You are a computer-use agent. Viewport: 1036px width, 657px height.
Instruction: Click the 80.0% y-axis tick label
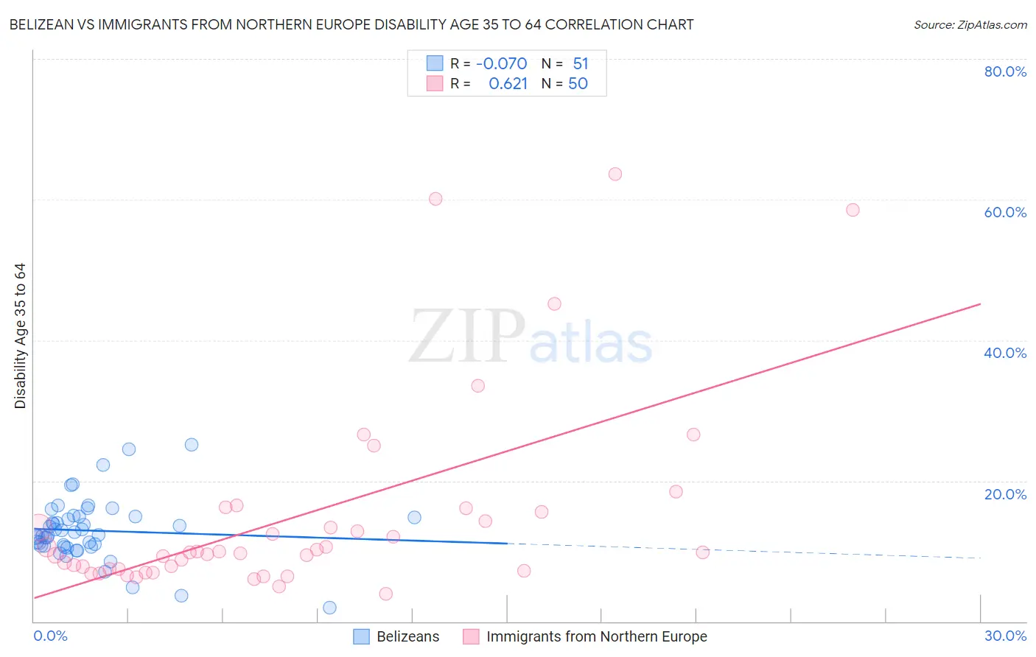click(1005, 71)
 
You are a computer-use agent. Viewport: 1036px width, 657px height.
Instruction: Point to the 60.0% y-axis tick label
click(1005, 212)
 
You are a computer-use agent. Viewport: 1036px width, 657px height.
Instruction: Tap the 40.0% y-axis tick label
click(1005, 353)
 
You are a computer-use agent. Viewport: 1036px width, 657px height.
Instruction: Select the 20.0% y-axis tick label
click(1005, 494)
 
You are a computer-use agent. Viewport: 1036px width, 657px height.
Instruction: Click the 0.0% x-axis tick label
click(50, 636)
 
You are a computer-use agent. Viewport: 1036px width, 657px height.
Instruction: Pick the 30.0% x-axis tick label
click(1005, 636)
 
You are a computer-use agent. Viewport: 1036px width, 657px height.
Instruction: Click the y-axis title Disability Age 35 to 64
click(20, 336)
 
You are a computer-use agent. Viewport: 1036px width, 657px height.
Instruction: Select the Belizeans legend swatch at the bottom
click(361, 636)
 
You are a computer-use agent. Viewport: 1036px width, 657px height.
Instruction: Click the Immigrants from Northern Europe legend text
click(596, 636)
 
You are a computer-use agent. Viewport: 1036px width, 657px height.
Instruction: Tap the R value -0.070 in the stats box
click(501, 64)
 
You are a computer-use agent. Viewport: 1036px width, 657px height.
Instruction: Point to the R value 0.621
click(508, 84)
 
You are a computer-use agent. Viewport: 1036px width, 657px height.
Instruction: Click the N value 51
click(581, 64)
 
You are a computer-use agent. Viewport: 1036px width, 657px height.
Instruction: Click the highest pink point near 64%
click(615, 174)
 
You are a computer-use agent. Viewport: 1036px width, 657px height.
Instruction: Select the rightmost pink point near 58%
click(853, 210)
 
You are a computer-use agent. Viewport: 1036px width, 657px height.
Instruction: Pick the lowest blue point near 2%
click(329, 608)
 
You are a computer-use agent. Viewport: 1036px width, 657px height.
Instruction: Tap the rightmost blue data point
click(414, 518)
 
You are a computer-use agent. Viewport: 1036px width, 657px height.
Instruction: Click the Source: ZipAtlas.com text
click(970, 25)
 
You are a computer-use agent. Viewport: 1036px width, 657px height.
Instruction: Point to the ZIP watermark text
click(467, 337)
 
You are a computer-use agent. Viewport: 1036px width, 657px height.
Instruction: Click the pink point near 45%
click(554, 304)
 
